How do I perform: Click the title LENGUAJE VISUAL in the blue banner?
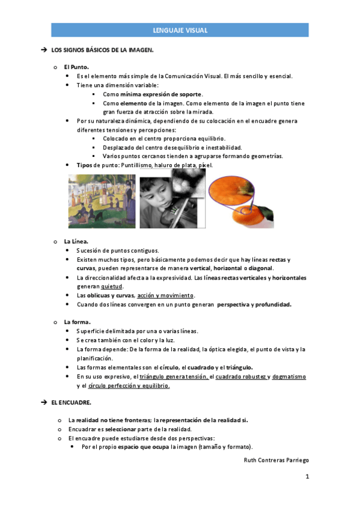coord(180,30)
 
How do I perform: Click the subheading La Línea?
coord(76,241)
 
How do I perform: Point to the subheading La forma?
coord(78,322)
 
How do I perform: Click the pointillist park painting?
coord(102,201)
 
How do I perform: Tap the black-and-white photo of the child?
coord(172,198)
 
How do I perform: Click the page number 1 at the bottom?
coord(307,477)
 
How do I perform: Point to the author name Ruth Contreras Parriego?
coord(276,460)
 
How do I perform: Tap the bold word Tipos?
coord(85,165)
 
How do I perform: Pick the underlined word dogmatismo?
coord(289,376)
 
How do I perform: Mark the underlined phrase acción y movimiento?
coord(166,295)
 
